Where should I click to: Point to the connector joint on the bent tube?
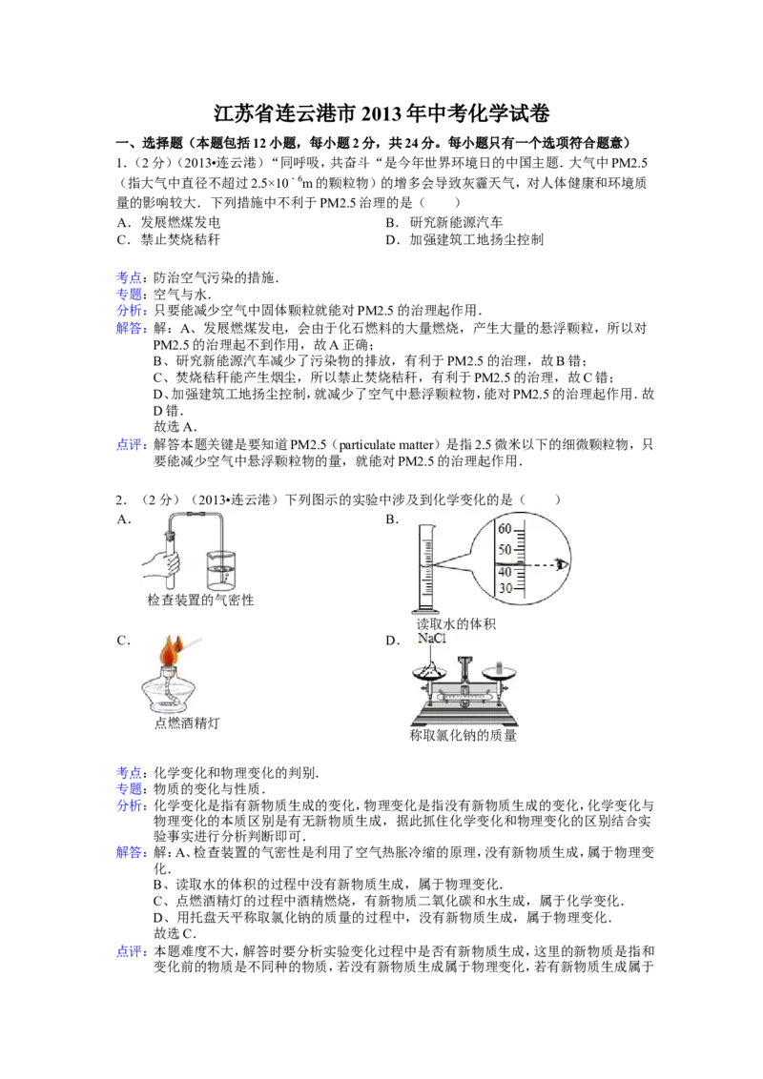click(x=196, y=516)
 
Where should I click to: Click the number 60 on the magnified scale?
click(x=505, y=529)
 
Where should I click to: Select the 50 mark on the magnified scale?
click(x=505, y=550)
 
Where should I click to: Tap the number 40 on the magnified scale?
click(x=505, y=571)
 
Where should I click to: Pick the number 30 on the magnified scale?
click(x=505, y=589)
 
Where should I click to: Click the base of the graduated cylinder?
click(x=425, y=609)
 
